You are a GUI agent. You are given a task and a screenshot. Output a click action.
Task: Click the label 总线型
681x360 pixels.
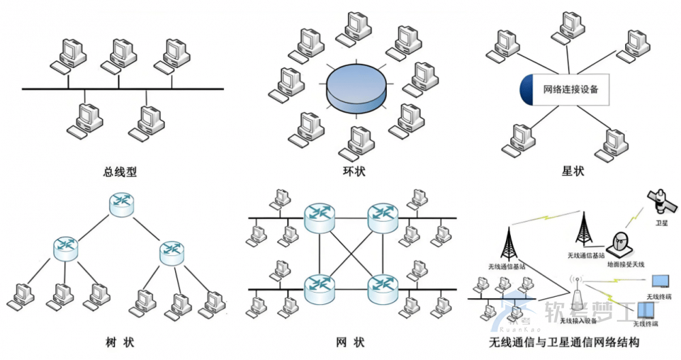coord(121,173)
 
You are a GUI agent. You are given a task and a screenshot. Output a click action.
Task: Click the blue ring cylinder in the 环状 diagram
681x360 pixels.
coord(353,89)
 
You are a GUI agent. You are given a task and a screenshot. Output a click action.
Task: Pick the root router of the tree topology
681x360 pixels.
coord(121,205)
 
